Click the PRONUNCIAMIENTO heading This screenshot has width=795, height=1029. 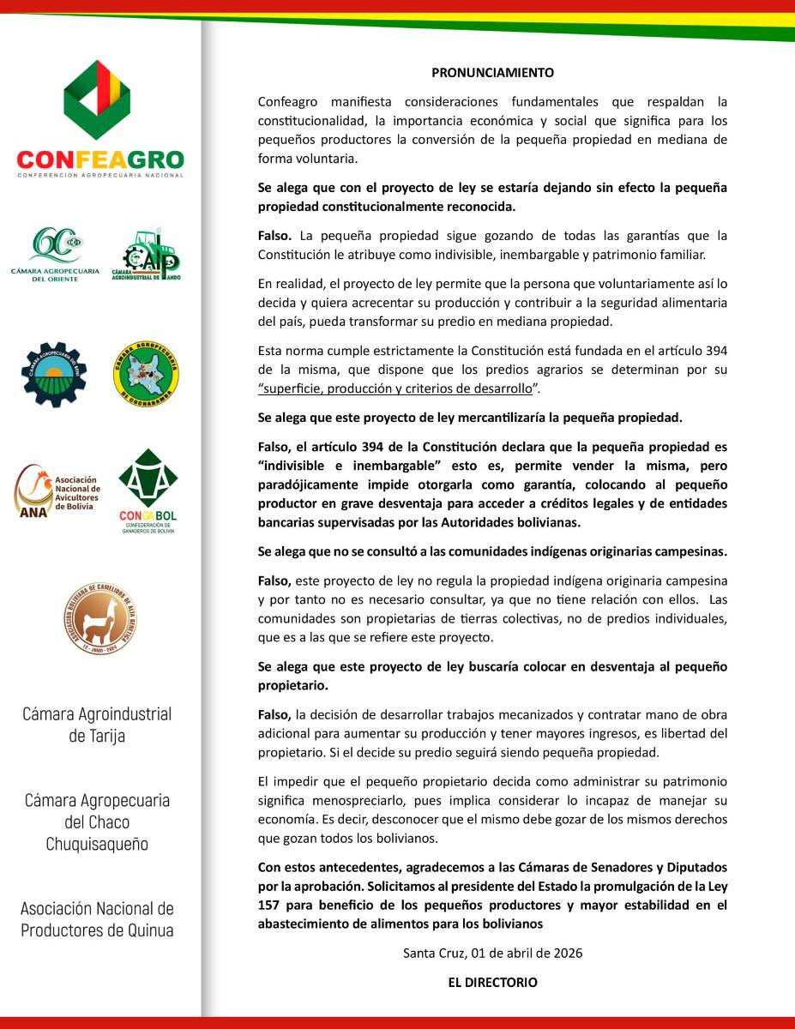[x=492, y=73]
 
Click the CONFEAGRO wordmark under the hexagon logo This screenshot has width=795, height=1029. [x=100, y=160]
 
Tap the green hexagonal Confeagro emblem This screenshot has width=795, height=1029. [x=98, y=100]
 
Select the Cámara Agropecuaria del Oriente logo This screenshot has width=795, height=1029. [x=56, y=255]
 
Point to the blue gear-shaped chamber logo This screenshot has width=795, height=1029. [x=54, y=374]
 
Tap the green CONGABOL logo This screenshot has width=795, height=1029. [x=148, y=491]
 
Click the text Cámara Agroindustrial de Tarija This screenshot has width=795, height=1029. [x=97, y=725]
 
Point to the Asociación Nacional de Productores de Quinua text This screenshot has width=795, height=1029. [x=97, y=918]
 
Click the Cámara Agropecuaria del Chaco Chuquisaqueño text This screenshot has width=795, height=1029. [x=97, y=821]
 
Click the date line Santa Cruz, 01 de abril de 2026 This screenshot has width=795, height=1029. [x=492, y=953]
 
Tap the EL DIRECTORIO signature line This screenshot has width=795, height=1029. [x=492, y=983]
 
